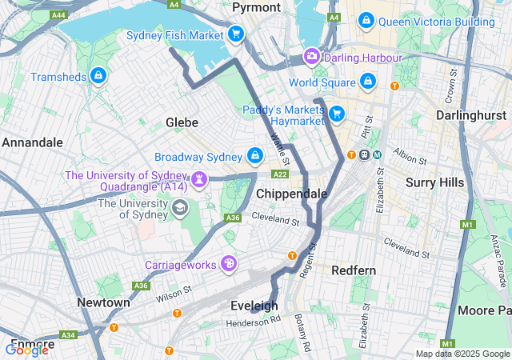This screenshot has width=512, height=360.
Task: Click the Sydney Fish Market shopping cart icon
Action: coord(235,34)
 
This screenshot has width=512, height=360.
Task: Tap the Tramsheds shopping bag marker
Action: coord(98,76)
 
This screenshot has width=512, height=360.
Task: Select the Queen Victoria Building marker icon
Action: coord(366,20)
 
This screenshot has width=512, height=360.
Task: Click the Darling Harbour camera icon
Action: coord(311,56)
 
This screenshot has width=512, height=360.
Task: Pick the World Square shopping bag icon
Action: coord(367,81)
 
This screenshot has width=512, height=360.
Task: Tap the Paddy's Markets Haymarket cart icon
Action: coord(337,114)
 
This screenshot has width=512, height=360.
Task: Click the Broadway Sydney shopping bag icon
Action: coord(255,155)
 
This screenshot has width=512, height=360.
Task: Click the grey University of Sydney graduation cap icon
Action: coord(180,209)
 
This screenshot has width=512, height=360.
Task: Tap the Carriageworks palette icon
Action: coord(229,263)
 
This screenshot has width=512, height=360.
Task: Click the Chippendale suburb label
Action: coord(291,194)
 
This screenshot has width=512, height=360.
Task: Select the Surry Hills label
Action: coord(434,182)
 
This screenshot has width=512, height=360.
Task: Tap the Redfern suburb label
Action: coord(353,270)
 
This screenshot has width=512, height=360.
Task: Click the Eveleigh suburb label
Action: coord(254,306)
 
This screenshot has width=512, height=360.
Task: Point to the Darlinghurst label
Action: coord(470,115)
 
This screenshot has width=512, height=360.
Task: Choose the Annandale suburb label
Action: coord(32,142)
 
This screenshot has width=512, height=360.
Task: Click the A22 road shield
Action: coord(280,174)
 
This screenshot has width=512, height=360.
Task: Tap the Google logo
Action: coord(26,350)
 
